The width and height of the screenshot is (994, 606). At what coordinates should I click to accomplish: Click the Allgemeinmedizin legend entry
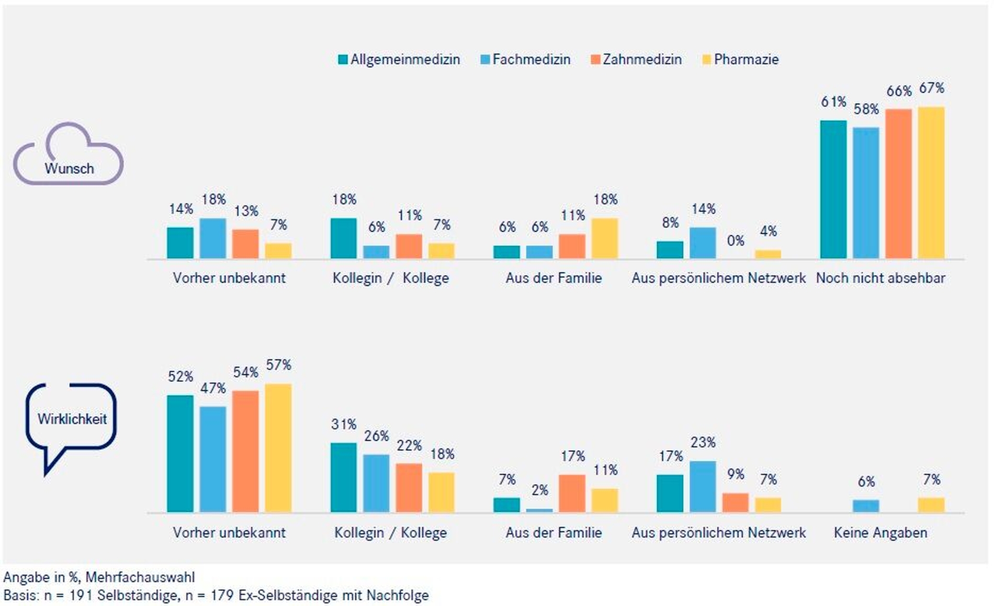coord(399,60)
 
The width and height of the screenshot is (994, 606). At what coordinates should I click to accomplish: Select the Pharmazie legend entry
coord(740,60)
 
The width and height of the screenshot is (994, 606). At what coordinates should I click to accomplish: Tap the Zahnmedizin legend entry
coord(636,60)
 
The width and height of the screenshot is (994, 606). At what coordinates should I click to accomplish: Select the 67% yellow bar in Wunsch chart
coord(931,183)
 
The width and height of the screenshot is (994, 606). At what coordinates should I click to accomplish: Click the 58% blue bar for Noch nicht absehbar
coord(866,193)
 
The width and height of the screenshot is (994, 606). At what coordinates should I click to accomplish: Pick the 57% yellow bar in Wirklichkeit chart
coord(278,448)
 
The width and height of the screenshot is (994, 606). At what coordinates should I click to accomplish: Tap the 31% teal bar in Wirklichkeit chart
coord(344,477)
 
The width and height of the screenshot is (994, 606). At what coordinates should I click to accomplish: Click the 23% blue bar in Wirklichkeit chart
coord(703,487)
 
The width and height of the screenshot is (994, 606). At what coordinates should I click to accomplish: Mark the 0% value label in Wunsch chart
coord(736,241)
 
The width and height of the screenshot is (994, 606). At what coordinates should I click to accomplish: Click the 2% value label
coord(540,490)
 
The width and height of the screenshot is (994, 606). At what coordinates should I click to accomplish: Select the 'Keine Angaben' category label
coord(880,533)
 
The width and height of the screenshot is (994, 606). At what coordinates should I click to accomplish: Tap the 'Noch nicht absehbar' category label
coord(880,278)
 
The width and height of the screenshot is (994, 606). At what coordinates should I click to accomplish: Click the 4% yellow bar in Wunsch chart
coord(768,254)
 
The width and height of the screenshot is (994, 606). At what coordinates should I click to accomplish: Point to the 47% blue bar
coord(213,459)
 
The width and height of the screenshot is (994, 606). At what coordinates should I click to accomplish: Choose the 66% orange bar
coord(899,184)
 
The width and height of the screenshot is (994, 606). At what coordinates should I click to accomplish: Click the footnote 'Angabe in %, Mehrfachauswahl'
coord(99,577)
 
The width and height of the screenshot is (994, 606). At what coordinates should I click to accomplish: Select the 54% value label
coord(246,373)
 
